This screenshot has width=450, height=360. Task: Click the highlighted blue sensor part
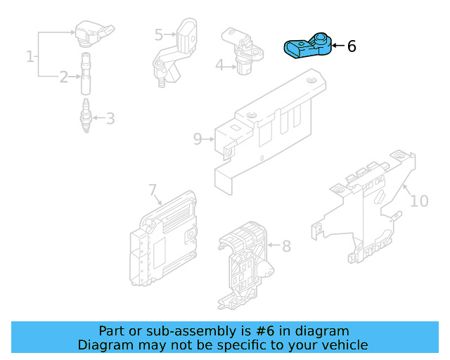coord(307,47)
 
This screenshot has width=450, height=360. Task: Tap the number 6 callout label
coord(352,46)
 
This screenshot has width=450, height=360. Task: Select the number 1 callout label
coord(30,56)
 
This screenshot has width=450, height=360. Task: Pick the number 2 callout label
coord(63,77)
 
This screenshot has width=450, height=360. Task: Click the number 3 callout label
coord(110,118)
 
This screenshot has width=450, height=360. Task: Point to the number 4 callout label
coord(219,65)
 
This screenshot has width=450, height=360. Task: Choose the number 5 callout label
coord(158,34)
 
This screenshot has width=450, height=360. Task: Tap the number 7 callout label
coord(152,189)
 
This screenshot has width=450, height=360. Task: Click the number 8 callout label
coord(286,246)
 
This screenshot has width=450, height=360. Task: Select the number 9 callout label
coord(198,139)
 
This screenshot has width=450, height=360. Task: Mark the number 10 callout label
coord(419,201)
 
